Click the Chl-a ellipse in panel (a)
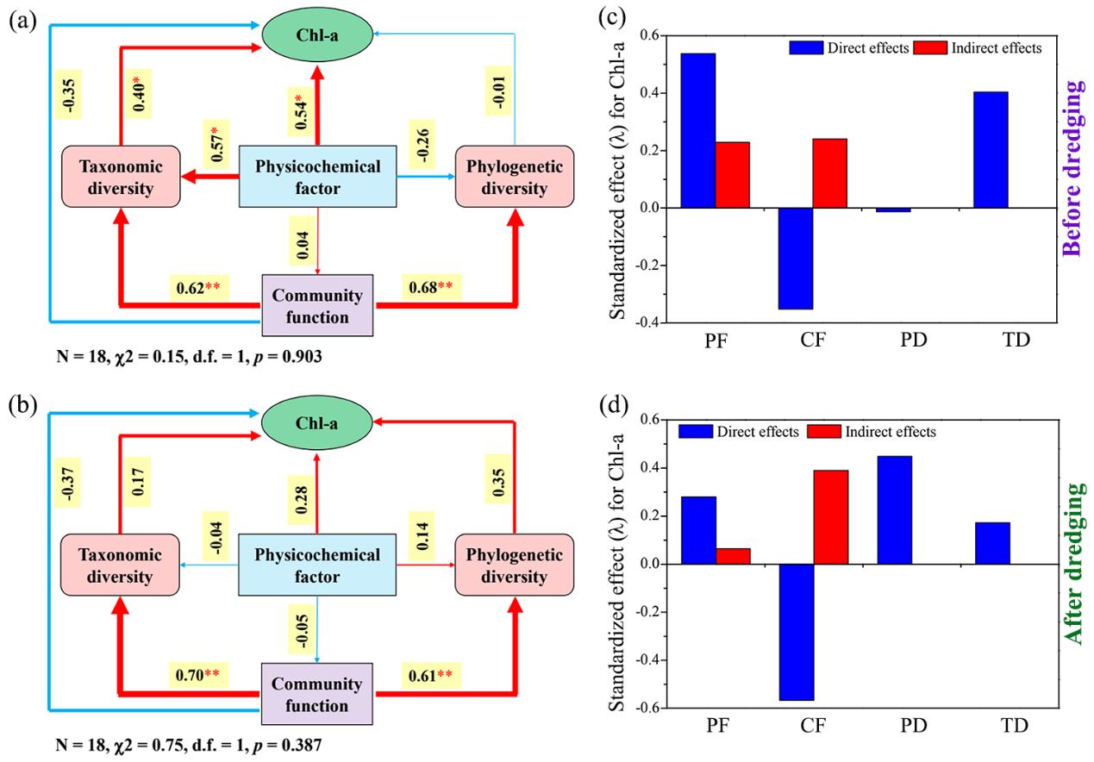(x=317, y=34)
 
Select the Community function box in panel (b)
(x=316, y=695)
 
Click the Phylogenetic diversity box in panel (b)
(x=515, y=565)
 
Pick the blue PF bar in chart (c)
(x=697, y=130)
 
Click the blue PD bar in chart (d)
(x=894, y=509)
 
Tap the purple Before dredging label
(x=1072, y=169)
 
